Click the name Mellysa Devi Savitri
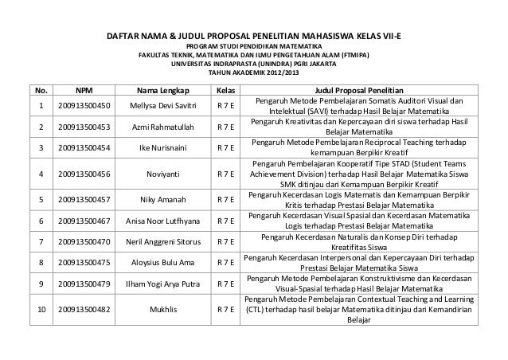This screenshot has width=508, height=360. pos(163,106)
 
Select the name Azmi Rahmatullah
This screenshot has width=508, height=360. pos(163,127)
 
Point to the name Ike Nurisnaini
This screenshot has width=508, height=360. pos(163,148)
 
